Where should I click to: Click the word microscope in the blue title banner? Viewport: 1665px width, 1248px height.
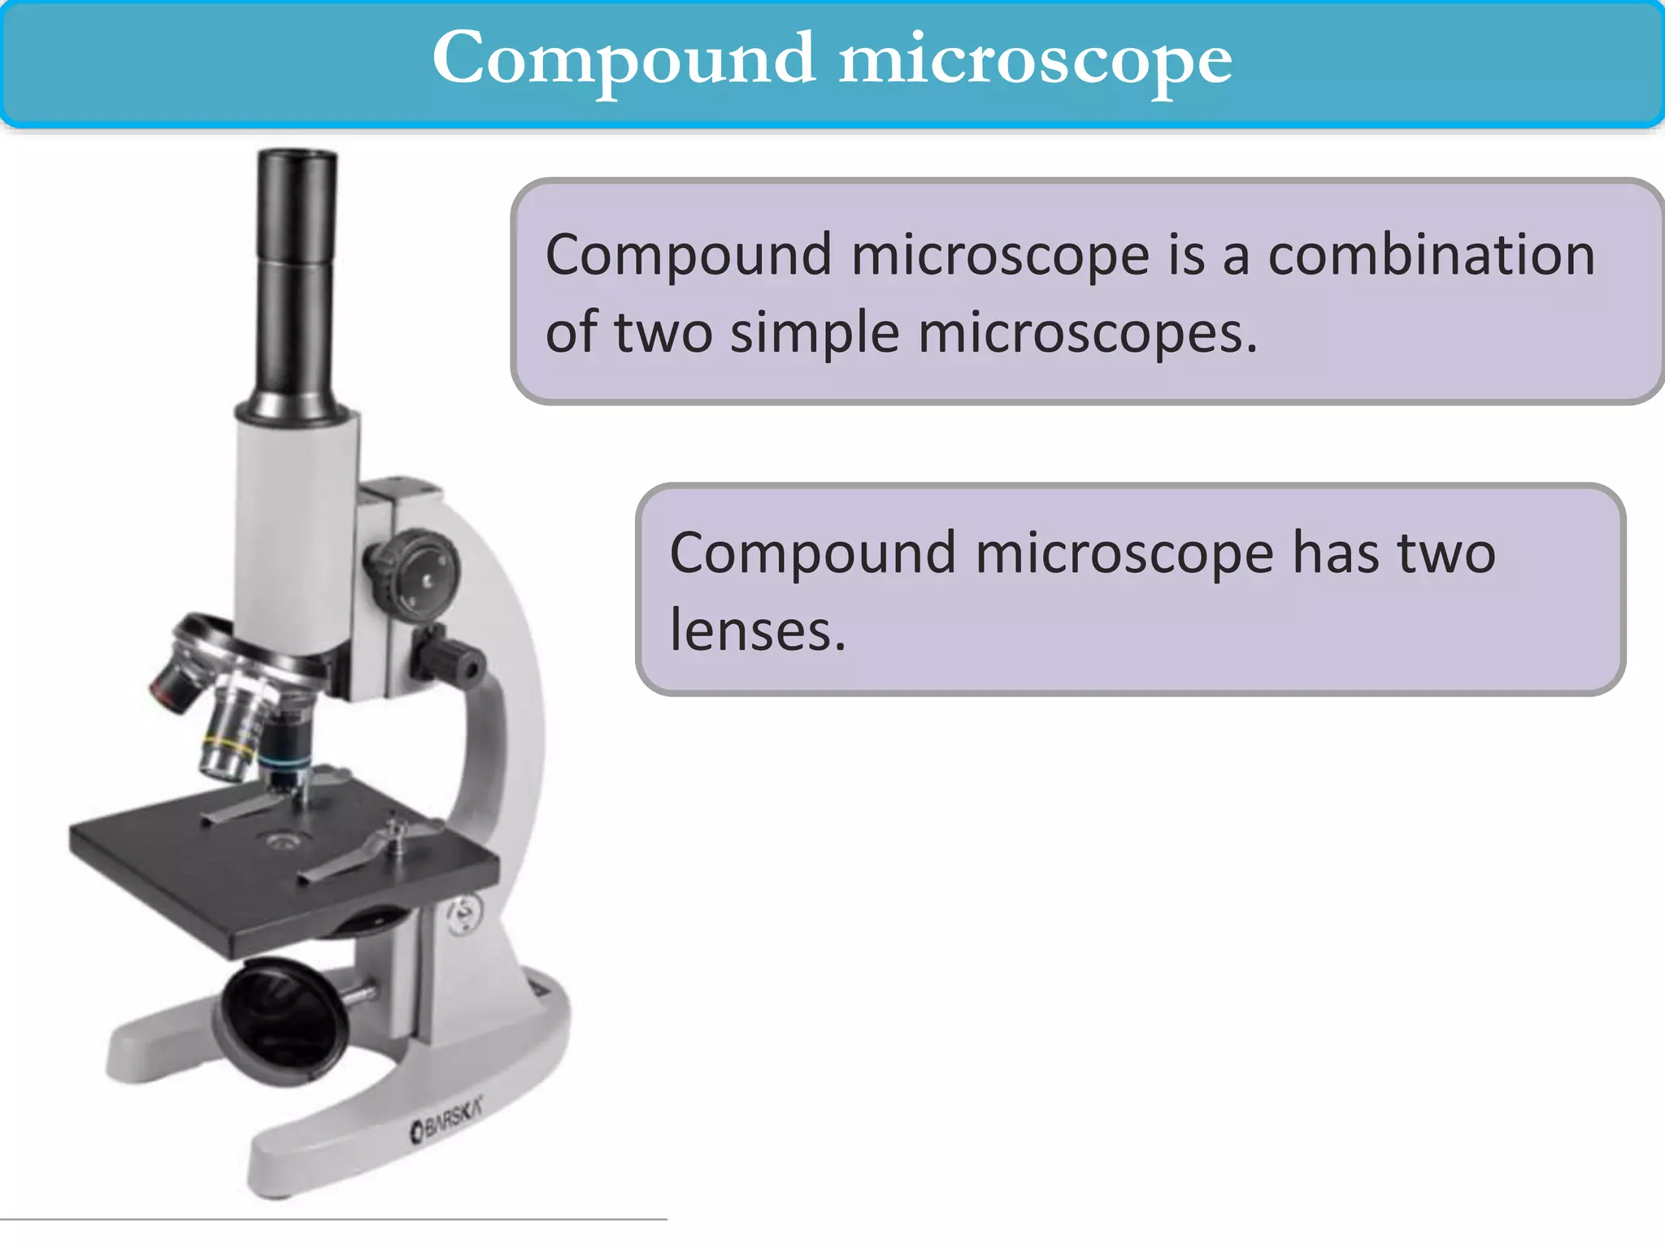point(1035,58)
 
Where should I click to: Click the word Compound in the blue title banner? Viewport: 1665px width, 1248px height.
point(624,58)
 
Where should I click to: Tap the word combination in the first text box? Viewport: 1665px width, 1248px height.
point(1431,255)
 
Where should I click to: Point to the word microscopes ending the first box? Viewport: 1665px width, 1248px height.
point(1087,332)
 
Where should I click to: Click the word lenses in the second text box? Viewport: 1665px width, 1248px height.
point(757,630)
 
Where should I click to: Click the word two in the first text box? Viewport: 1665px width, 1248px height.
point(663,332)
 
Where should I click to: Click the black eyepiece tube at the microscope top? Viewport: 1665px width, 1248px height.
point(296,276)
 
